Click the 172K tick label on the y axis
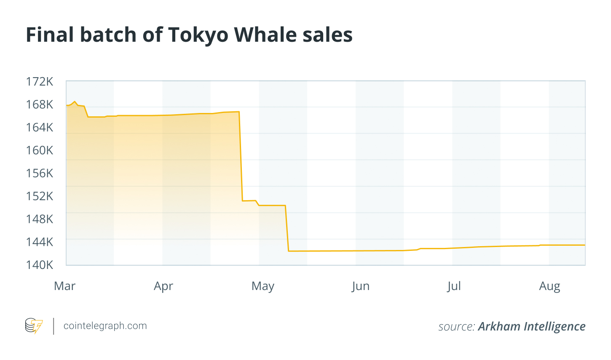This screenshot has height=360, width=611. [40, 81]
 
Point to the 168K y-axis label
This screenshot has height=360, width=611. [40, 104]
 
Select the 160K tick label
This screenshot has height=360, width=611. [40, 150]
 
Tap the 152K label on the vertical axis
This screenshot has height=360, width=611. [40, 196]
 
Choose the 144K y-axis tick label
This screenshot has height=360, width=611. [40, 242]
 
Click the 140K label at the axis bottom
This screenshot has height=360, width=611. [40, 265]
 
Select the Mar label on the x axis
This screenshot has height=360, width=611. [65, 286]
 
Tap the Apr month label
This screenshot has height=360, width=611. [163, 286]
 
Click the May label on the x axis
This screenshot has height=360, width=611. [263, 286]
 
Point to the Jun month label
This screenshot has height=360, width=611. [361, 286]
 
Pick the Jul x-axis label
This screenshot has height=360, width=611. [454, 286]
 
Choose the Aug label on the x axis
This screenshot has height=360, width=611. [549, 286]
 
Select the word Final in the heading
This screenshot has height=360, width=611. [50, 35]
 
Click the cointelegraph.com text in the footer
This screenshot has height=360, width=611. [105, 326]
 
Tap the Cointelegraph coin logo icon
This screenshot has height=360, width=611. [34, 326]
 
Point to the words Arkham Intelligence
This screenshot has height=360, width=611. [532, 326]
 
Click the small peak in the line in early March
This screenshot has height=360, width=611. [75, 102]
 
